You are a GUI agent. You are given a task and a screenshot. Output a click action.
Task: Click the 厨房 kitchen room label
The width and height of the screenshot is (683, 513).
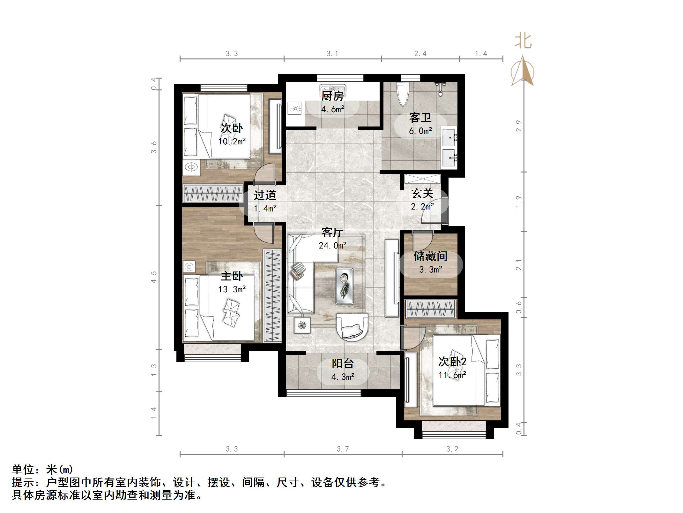tap(332, 96)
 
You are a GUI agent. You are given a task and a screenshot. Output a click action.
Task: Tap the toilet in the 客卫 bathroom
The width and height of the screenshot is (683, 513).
tap(403, 93)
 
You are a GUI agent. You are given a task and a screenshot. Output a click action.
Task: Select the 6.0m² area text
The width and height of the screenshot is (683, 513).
tap(420, 131)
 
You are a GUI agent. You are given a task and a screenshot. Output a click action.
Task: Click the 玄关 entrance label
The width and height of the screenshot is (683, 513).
tap(422, 194)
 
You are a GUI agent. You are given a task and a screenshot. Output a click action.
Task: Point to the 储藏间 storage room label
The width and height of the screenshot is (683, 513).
tap(430, 256)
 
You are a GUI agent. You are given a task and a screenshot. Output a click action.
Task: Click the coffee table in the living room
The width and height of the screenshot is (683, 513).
tap(344, 286)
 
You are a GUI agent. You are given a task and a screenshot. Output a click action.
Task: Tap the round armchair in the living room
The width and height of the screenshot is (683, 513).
tap(352, 327)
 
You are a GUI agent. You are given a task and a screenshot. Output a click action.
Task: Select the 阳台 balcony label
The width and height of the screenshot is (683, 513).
tap(343, 364)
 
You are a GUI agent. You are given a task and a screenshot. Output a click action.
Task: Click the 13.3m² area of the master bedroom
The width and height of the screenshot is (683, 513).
tap(232, 289)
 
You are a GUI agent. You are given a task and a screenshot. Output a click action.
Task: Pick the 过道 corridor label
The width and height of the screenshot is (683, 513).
tap(265, 195)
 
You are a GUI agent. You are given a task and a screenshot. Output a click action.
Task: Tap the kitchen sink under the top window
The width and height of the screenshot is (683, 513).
tap(332, 88)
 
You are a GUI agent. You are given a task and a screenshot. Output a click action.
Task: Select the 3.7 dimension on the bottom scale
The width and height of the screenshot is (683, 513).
tap(343, 449)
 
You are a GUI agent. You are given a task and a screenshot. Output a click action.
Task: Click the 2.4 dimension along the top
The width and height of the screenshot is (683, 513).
tap(420, 54)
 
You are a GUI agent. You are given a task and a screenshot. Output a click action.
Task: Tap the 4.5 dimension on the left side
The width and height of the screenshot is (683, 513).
tap(154, 277)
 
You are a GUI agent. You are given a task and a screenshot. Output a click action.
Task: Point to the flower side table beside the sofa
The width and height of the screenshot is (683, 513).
tap(302, 325)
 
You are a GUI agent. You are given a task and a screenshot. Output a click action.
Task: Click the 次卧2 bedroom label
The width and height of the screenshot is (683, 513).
tap(452, 362)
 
